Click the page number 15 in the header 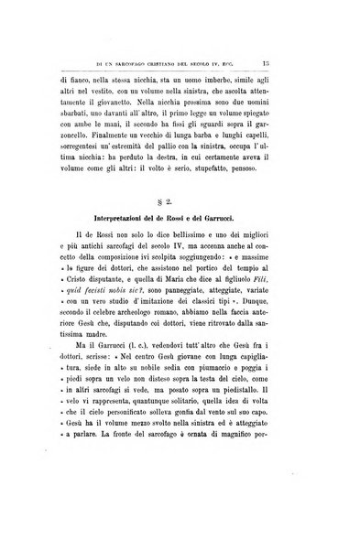tap(314, 64)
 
